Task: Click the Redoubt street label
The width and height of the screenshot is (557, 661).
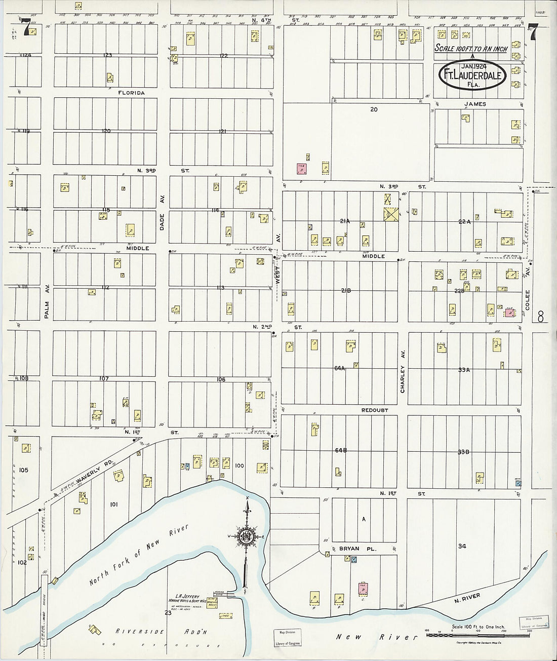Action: click(375, 410)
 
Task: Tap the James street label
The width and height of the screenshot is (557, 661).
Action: click(474, 104)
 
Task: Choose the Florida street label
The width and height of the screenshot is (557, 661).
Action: click(132, 93)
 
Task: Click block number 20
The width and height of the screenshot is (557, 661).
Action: click(374, 109)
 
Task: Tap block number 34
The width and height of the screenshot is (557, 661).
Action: click(461, 546)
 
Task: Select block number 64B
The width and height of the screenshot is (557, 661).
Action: click(340, 450)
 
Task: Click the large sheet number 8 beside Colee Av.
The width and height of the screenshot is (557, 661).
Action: click(541, 318)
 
